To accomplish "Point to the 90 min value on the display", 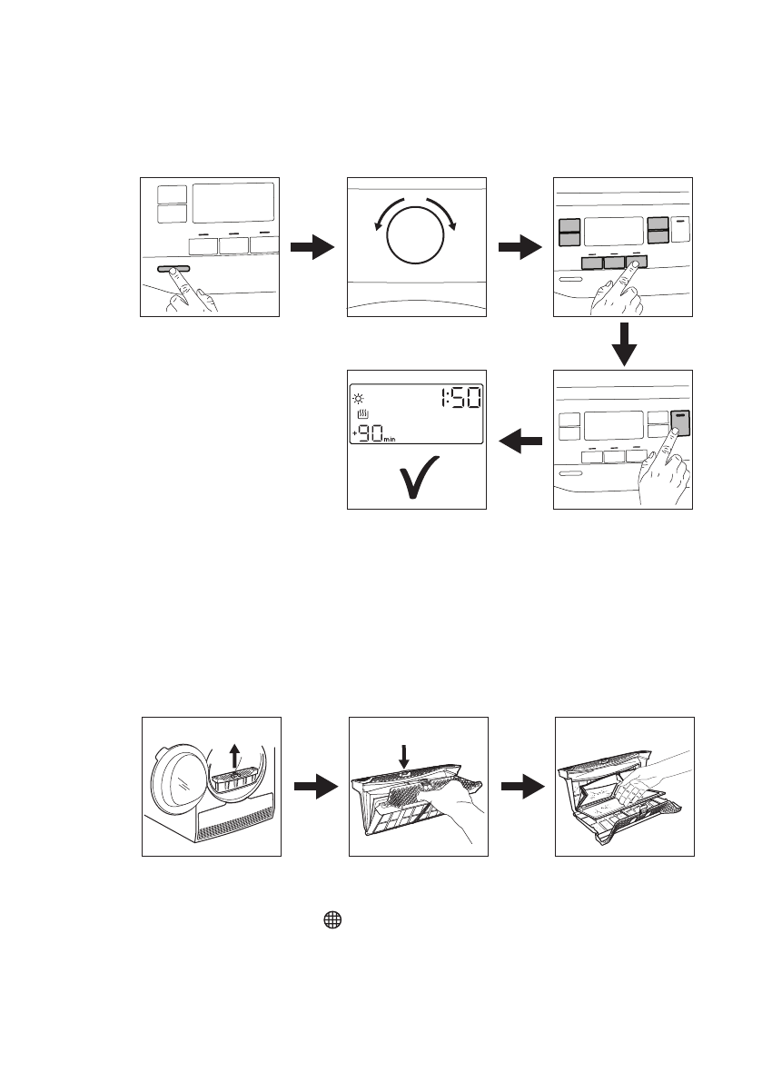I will pyautogui.click(x=372, y=435).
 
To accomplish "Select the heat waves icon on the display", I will pyautogui.click(x=363, y=417).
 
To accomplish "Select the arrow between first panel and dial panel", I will pyautogui.click(x=312, y=246).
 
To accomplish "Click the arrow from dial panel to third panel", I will pyautogui.click(x=520, y=246).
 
